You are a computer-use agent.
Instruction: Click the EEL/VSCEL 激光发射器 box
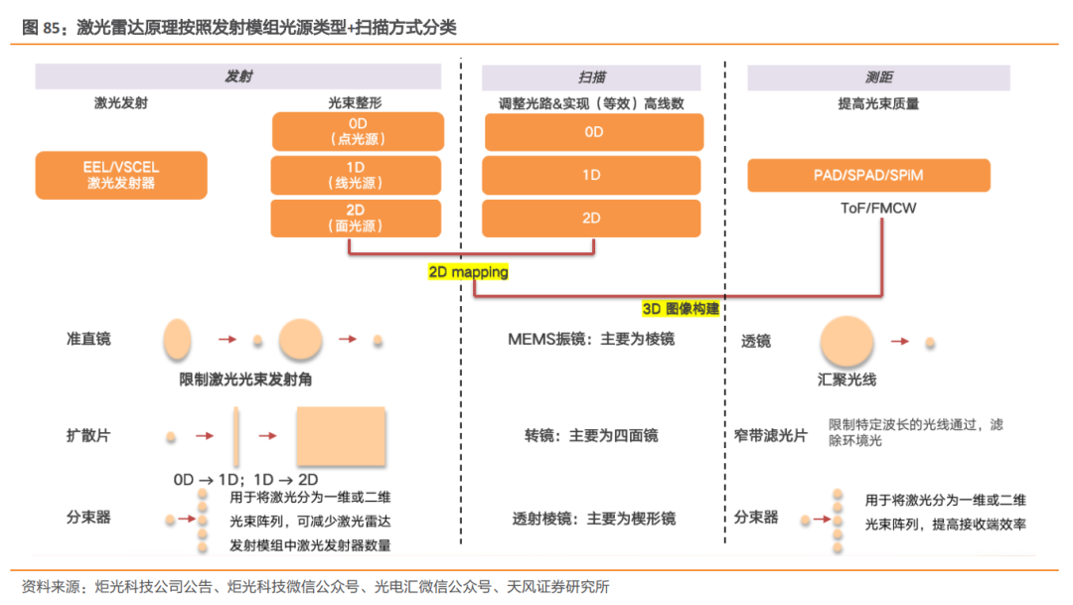point(121,175)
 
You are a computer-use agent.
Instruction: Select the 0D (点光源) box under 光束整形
point(358,131)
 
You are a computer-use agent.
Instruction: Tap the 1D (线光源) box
point(358,175)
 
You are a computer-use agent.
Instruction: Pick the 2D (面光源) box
point(358,218)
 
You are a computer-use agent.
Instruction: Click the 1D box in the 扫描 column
point(593,175)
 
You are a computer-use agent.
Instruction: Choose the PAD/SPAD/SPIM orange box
point(868,175)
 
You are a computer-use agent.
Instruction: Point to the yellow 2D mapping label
point(468,271)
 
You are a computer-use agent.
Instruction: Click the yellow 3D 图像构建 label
point(681,309)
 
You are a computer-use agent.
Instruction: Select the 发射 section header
point(238,77)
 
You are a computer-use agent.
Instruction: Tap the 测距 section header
point(878,77)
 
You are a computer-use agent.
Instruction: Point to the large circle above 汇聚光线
point(846,341)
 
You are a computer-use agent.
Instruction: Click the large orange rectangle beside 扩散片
point(340,435)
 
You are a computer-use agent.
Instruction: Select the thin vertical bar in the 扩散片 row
point(236,435)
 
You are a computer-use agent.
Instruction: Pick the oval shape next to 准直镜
point(176,340)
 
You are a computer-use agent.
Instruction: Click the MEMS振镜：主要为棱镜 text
point(591,340)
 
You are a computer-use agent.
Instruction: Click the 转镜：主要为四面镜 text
point(591,435)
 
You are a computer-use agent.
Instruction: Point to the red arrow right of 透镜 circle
point(900,341)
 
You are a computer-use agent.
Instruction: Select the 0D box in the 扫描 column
point(593,131)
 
